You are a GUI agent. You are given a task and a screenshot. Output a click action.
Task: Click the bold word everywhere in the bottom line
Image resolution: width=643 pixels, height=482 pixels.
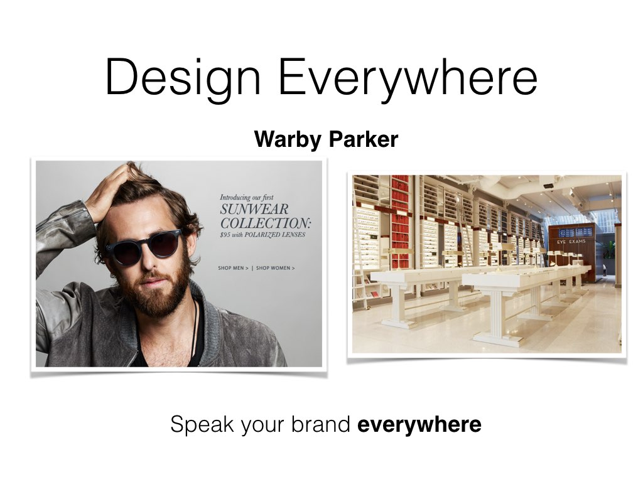point(419,424)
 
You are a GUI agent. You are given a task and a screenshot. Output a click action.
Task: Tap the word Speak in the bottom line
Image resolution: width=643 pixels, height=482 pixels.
point(202,424)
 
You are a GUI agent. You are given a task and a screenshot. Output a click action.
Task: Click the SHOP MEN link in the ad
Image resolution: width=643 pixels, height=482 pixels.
point(233,268)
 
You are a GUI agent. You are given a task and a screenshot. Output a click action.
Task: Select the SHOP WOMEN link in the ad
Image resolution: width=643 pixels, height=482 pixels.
point(275,268)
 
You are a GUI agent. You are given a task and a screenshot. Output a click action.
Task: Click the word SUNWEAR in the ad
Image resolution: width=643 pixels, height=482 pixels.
point(254,210)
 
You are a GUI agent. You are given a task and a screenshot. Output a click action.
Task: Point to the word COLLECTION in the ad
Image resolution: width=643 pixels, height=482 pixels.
point(265,223)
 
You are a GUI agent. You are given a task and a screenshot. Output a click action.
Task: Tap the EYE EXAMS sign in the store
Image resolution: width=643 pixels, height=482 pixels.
point(571,242)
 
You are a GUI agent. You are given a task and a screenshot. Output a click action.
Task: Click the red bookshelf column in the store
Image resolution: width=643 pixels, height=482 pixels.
point(400,222)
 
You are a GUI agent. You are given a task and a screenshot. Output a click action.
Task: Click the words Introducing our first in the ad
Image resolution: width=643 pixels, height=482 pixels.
point(246,198)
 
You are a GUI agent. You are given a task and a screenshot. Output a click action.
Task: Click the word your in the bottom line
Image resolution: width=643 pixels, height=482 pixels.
point(262,426)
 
